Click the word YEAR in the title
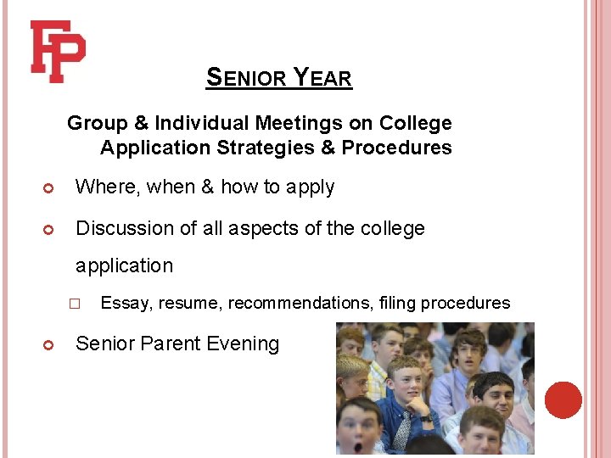(322, 79)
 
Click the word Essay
(123, 303)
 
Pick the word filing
(403, 303)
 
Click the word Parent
(170, 343)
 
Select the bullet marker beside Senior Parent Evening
(49, 344)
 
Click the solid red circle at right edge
(563, 399)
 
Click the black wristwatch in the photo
(426, 417)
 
